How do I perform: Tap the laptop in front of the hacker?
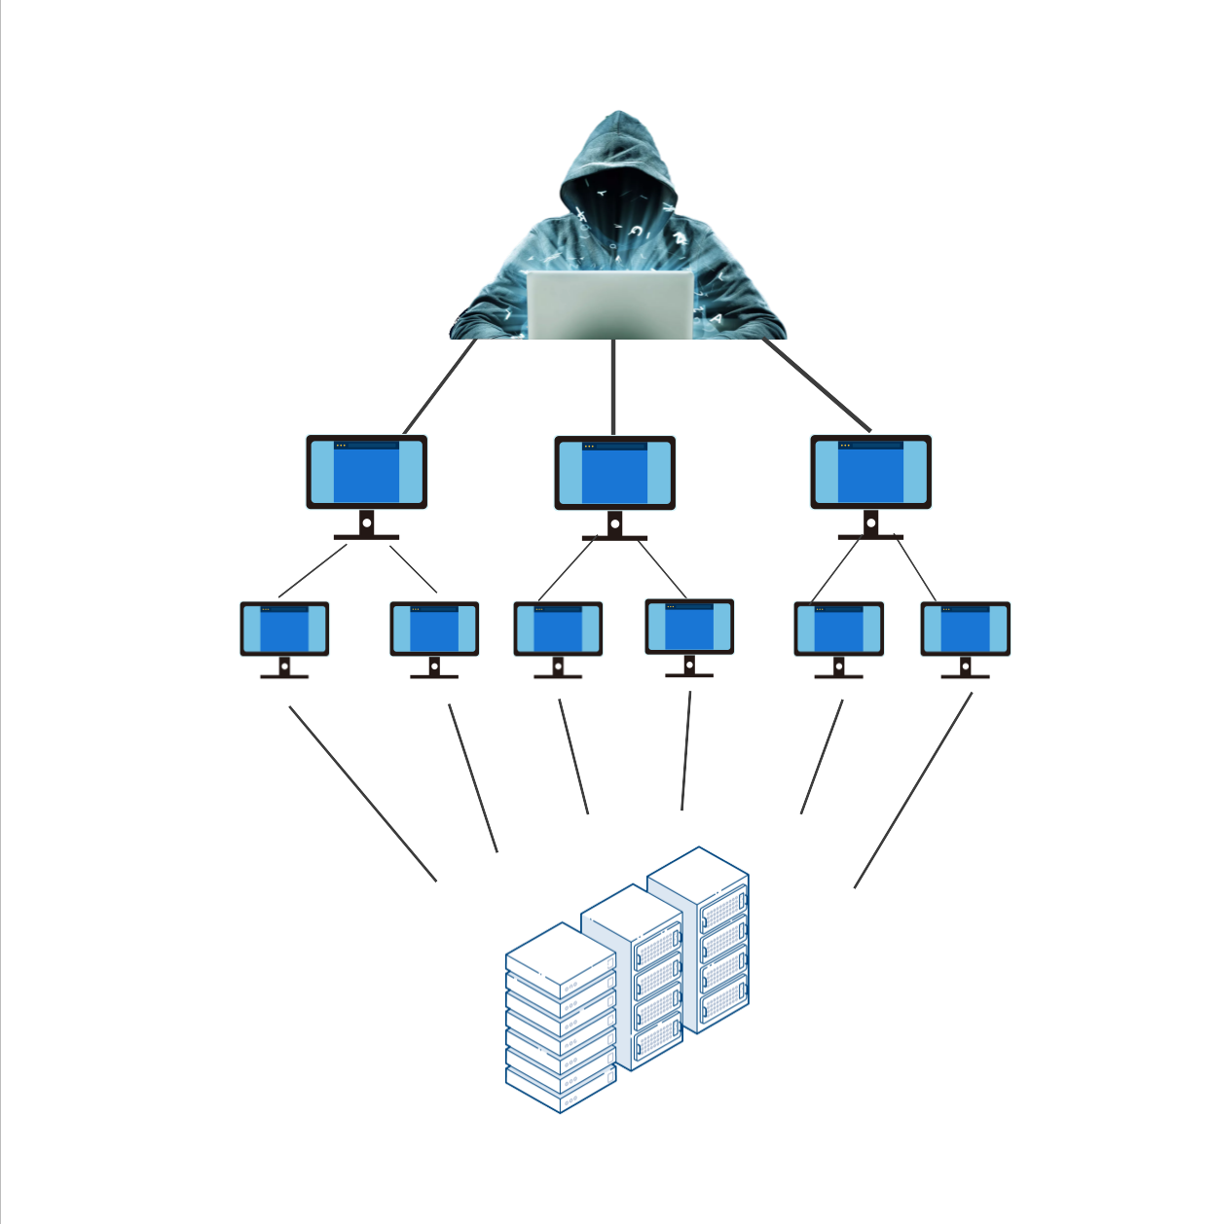tap(610, 305)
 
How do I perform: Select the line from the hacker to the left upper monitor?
tap(440, 386)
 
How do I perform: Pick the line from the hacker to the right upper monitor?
tap(816, 384)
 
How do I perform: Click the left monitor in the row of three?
tap(367, 472)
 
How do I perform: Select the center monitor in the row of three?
tap(614, 473)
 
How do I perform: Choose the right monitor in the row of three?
tap(870, 472)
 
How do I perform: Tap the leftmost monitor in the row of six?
tap(284, 630)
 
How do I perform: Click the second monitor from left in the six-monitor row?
tap(434, 630)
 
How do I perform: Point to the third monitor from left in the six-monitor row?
tap(558, 630)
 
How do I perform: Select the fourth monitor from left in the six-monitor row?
tap(689, 628)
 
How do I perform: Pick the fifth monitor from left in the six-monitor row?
tap(838, 630)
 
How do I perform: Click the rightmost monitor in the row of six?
tap(965, 630)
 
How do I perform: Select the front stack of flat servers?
tap(561, 1022)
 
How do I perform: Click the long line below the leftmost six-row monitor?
tap(362, 793)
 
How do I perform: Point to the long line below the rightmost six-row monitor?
tap(913, 789)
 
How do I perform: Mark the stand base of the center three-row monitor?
tap(614, 537)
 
